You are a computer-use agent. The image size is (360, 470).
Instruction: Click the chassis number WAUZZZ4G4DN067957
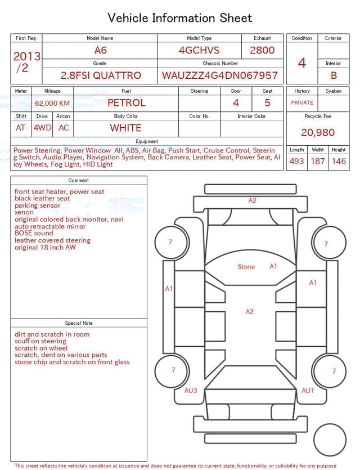click(x=220, y=75)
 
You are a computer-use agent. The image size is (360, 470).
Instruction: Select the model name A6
click(x=100, y=50)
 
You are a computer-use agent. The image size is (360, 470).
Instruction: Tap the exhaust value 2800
click(x=262, y=50)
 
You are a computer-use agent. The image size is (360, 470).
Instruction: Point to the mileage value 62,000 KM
click(x=52, y=104)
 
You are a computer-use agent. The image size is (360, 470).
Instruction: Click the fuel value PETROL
click(x=126, y=103)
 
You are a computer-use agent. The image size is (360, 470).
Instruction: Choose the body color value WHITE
click(x=125, y=128)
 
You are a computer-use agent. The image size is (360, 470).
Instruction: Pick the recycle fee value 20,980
click(x=318, y=133)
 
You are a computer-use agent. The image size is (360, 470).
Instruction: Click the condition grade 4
click(x=302, y=63)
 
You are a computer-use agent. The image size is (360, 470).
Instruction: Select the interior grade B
click(x=334, y=75)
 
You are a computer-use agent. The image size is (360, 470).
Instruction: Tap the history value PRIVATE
click(x=302, y=103)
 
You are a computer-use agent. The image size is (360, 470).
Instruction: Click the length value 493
click(x=296, y=162)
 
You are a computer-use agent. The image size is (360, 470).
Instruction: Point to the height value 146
click(x=339, y=162)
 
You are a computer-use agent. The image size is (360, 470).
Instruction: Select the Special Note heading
click(x=79, y=323)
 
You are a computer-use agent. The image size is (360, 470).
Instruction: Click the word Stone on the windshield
click(x=246, y=267)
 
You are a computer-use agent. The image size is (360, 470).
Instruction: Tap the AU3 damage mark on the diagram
click(x=191, y=391)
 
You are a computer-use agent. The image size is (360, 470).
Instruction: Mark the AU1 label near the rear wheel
click(x=308, y=391)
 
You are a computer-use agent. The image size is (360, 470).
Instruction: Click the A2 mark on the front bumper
click(x=252, y=200)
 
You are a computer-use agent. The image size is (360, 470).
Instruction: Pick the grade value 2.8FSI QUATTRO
click(x=101, y=75)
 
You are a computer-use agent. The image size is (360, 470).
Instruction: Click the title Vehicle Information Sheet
click(x=180, y=18)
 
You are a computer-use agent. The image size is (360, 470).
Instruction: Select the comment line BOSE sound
click(x=34, y=234)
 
